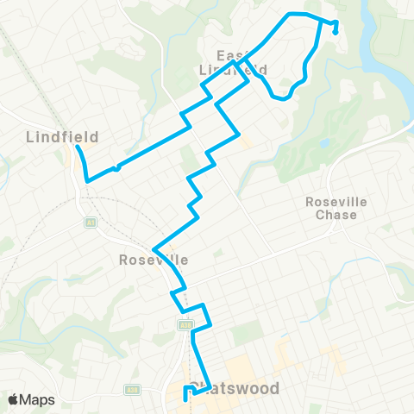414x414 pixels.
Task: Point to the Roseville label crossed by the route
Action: click(154, 259)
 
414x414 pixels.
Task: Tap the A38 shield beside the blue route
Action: click(185, 325)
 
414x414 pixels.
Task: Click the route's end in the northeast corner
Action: click(335, 33)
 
